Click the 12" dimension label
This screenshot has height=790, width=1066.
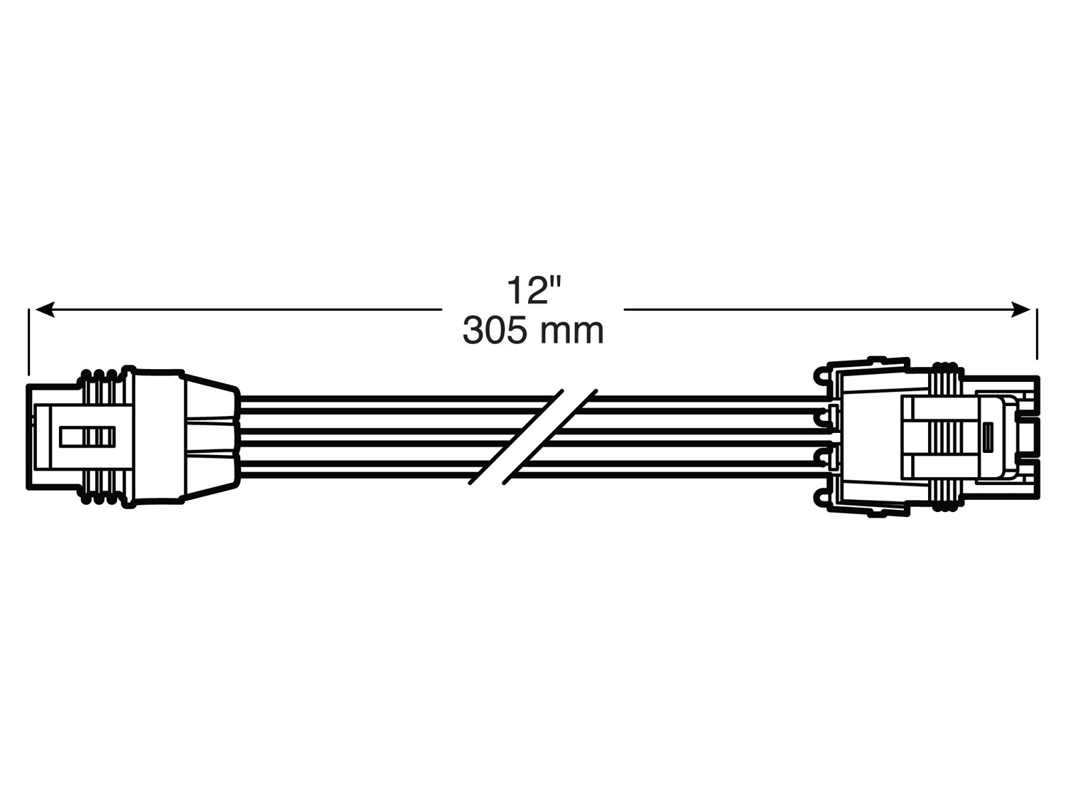coord(534,290)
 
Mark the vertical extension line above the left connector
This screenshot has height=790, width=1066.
coord(29,341)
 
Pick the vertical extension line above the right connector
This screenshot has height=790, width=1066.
coord(1037,334)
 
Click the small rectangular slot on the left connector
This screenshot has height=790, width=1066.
coord(87,436)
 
